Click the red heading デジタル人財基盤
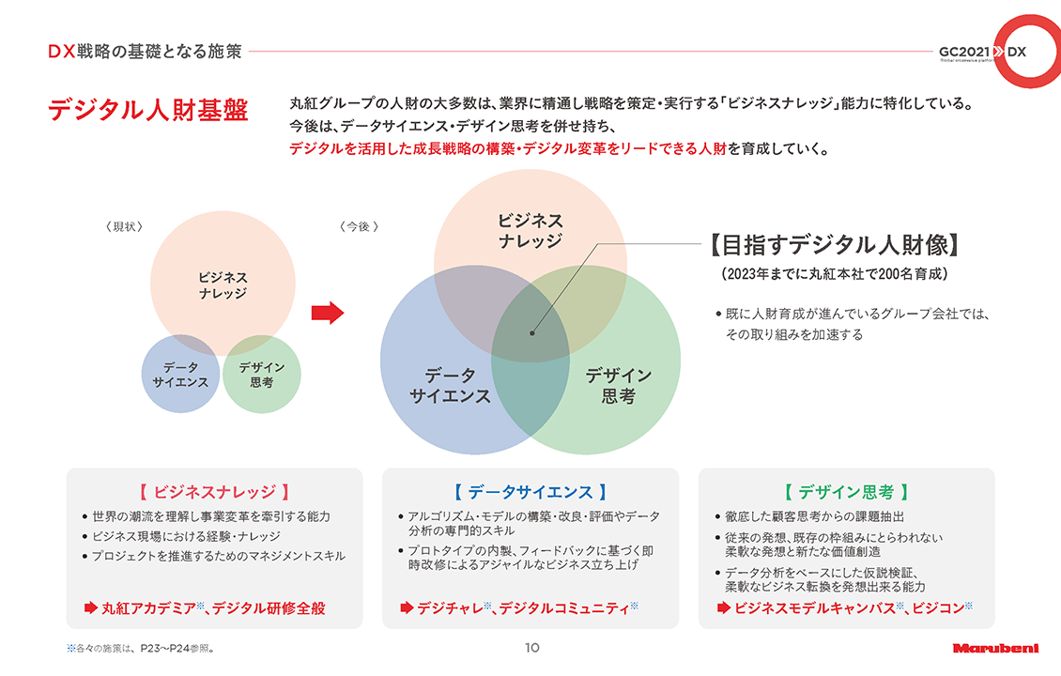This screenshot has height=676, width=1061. pos(147,110)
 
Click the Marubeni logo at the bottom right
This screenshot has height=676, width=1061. pos(995,648)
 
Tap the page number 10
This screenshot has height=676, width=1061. pos(531,648)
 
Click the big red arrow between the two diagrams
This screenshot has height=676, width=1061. pos(328,313)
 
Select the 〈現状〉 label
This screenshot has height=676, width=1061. pos(125,226)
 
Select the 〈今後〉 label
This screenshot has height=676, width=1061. pos(359,226)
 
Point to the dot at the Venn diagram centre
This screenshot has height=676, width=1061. pos(532,333)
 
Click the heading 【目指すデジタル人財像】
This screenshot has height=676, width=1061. pos(835,245)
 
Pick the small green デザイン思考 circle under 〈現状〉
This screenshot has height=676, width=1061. pos(262,375)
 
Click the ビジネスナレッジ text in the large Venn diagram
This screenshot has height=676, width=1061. pos(530,231)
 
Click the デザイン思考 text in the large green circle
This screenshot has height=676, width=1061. pos(619,386)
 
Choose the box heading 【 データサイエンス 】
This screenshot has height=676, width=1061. pos(530,492)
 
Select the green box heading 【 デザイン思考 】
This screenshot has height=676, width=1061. pos(847,492)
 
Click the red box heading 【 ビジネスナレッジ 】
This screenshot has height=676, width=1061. pos(214,492)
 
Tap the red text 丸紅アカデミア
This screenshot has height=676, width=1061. pos(149,608)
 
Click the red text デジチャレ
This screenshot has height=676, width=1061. pos(450,608)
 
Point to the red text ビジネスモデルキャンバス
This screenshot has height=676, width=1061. pos(815,608)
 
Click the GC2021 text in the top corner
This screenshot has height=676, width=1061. pos(964,52)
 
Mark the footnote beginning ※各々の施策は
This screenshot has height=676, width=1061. pos(141,648)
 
